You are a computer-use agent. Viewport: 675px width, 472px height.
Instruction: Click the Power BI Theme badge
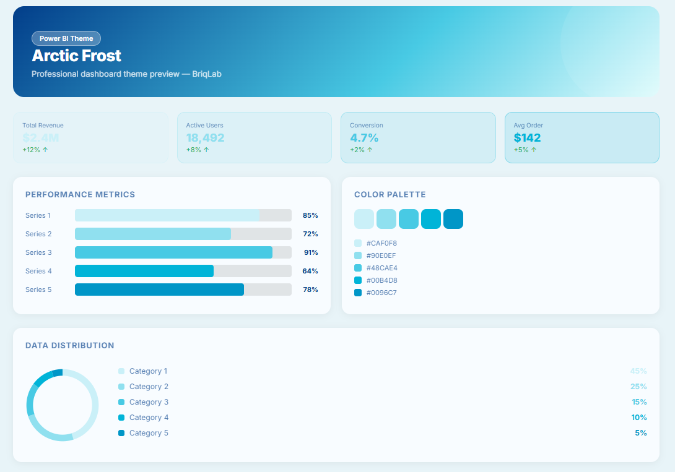(x=66, y=38)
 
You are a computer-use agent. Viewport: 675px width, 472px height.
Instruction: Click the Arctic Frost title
(x=76, y=56)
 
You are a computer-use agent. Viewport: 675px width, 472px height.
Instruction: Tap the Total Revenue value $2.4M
(x=40, y=137)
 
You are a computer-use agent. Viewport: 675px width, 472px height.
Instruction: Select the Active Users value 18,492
(x=205, y=137)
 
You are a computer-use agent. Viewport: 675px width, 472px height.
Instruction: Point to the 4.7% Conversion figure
(x=364, y=137)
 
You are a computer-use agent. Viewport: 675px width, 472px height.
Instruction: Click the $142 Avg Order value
(x=527, y=137)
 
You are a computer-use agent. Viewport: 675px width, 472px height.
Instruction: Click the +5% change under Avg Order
(x=525, y=150)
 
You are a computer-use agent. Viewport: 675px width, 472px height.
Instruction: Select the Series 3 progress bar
(x=183, y=252)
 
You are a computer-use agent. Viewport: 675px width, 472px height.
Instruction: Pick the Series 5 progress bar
(x=183, y=290)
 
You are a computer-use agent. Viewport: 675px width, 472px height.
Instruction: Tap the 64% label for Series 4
(x=310, y=271)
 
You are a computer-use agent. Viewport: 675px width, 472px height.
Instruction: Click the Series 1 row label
(x=38, y=215)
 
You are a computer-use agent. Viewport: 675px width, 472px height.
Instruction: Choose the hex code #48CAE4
(x=381, y=268)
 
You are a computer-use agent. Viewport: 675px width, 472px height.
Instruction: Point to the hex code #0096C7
(x=381, y=293)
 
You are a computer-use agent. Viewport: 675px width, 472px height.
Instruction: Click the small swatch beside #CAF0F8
(x=358, y=243)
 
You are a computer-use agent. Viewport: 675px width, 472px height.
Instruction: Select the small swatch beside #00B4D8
(x=358, y=280)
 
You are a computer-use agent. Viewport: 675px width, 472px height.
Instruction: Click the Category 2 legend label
(x=149, y=387)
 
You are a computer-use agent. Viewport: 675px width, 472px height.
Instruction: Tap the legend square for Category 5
(x=121, y=433)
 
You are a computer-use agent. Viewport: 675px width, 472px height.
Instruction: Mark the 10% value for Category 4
(x=639, y=418)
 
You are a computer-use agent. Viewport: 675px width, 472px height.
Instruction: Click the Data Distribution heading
(x=69, y=345)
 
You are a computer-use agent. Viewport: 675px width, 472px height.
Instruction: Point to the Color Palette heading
(x=390, y=194)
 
